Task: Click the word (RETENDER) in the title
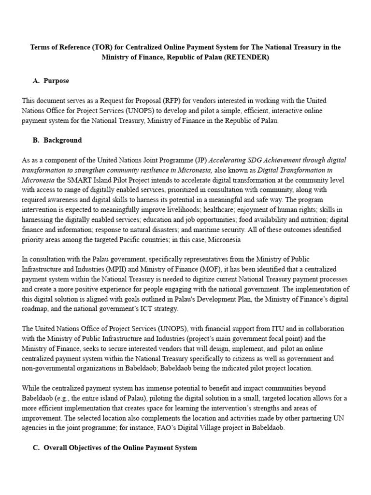coord(245,57)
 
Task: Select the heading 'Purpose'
coord(56,81)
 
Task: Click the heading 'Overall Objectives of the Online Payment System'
coord(120,448)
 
